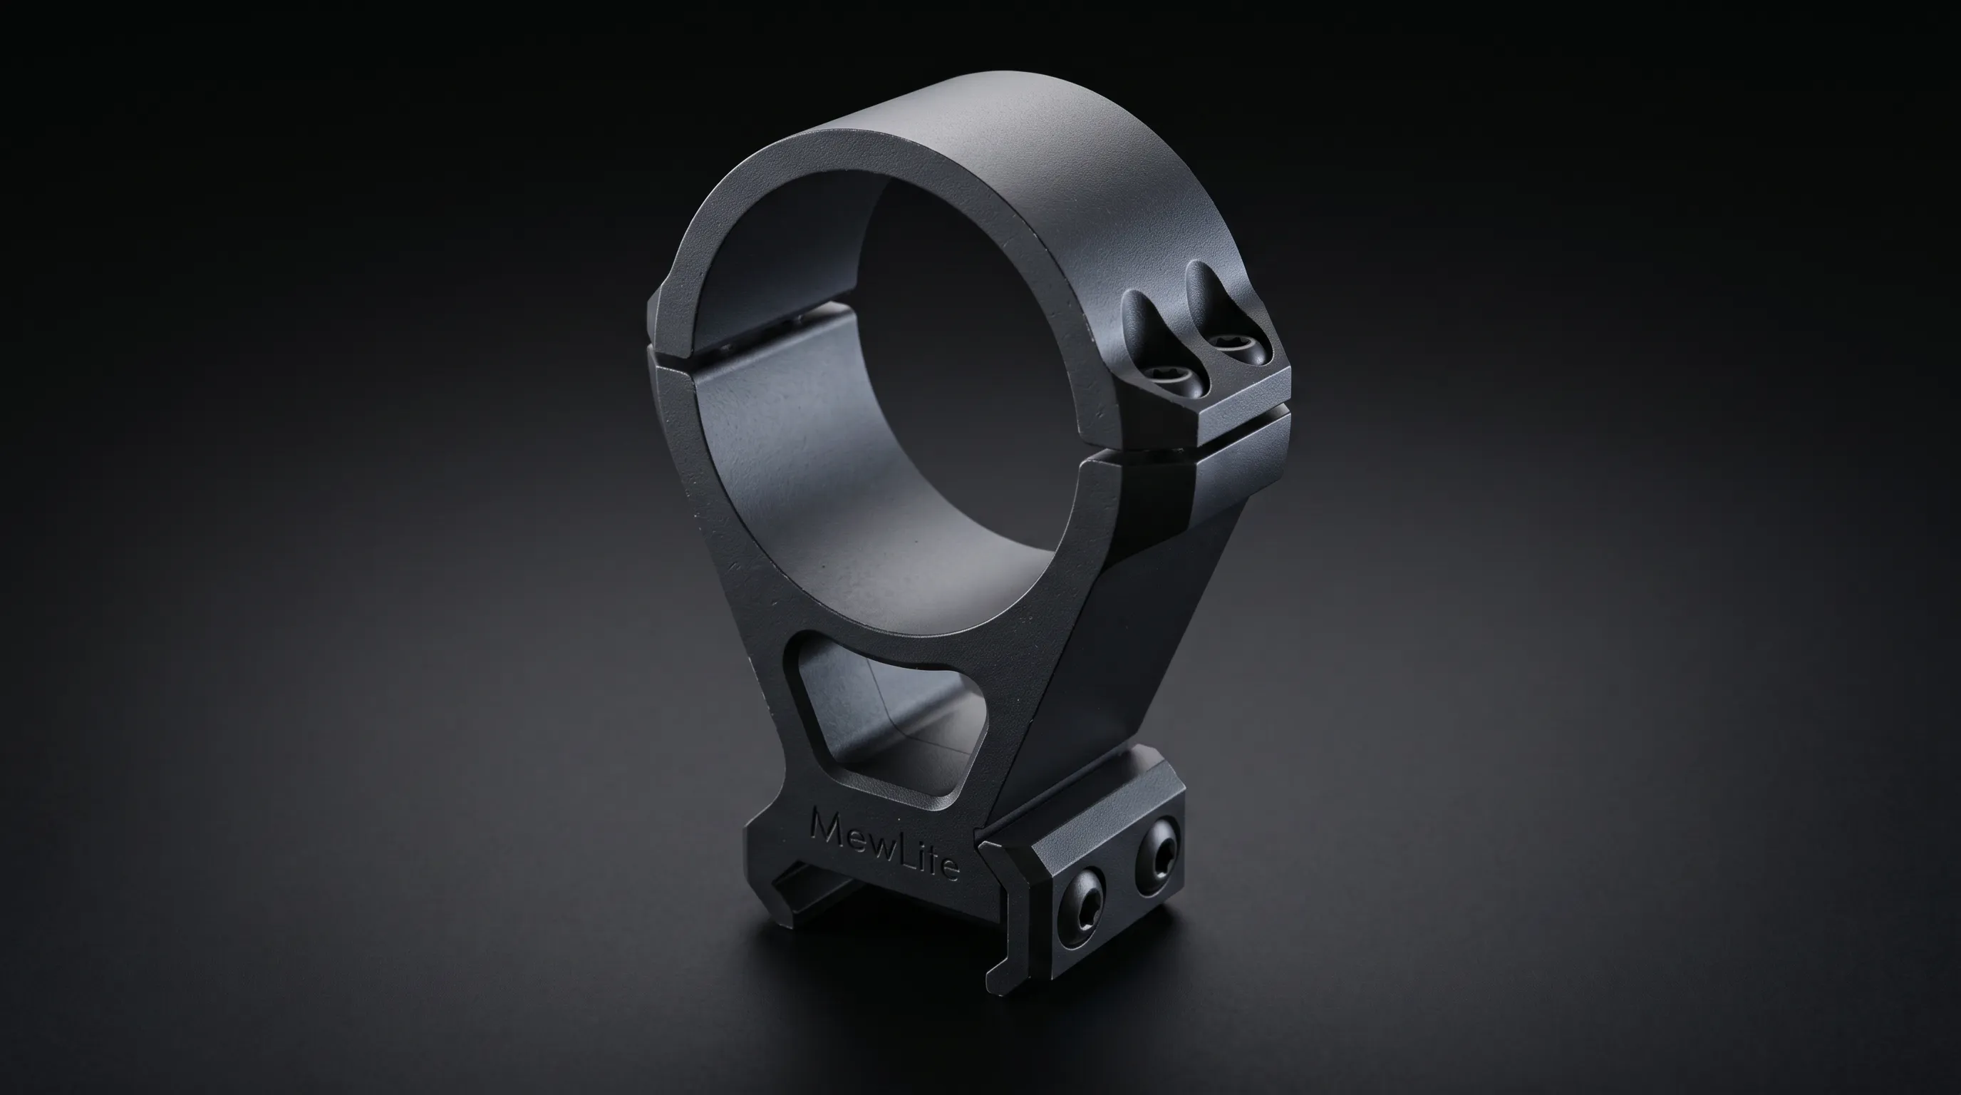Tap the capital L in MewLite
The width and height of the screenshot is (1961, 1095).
[911, 852]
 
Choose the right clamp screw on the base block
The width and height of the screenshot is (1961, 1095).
[1157, 854]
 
